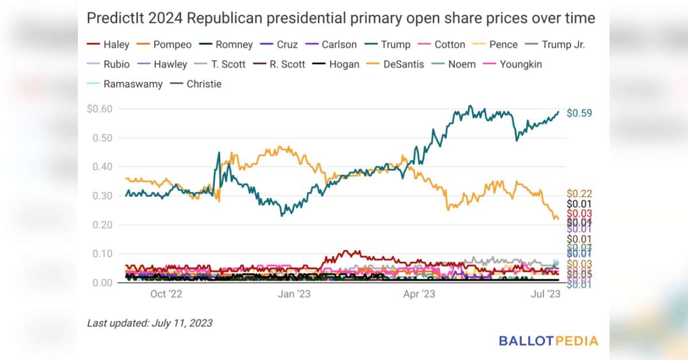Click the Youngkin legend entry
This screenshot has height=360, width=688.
pyautogui.click(x=513, y=64)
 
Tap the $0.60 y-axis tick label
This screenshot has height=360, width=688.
pyautogui.click(x=100, y=109)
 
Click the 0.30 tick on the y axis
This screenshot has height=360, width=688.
pyautogui.click(x=102, y=196)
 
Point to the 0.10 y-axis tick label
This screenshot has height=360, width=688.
pyautogui.click(x=102, y=254)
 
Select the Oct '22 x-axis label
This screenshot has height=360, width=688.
pyautogui.click(x=166, y=295)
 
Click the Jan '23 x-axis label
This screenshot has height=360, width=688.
pyautogui.click(x=294, y=295)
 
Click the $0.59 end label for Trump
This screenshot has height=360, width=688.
pyautogui.click(x=579, y=114)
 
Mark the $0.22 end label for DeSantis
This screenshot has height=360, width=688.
pyautogui.click(x=579, y=194)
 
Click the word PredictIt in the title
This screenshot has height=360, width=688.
pyautogui.click(x=115, y=19)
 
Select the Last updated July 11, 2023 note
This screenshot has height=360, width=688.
pyautogui.click(x=150, y=323)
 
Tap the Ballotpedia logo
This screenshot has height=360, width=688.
pyautogui.click(x=548, y=341)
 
